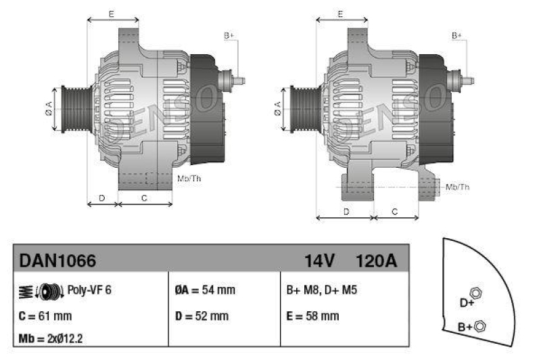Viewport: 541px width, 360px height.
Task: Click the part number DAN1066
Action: coord(57,261)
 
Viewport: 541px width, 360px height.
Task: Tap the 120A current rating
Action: coord(375,261)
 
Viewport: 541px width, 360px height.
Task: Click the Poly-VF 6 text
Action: coord(89,290)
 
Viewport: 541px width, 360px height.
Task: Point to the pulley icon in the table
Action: coord(46,291)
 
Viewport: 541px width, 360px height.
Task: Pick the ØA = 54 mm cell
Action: coord(205,290)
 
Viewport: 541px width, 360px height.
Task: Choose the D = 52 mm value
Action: coord(202,315)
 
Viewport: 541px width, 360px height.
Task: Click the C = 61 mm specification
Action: coord(45,315)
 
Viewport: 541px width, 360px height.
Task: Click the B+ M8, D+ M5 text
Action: coord(321,290)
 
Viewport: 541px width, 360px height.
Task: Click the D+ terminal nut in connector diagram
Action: coord(475,293)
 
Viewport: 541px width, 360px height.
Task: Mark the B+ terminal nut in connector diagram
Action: coord(479,326)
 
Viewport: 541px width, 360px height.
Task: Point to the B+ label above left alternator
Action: coord(229,35)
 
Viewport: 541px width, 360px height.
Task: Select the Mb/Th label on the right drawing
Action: coord(458,186)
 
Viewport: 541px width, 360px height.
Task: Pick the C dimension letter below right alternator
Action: coord(396,212)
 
